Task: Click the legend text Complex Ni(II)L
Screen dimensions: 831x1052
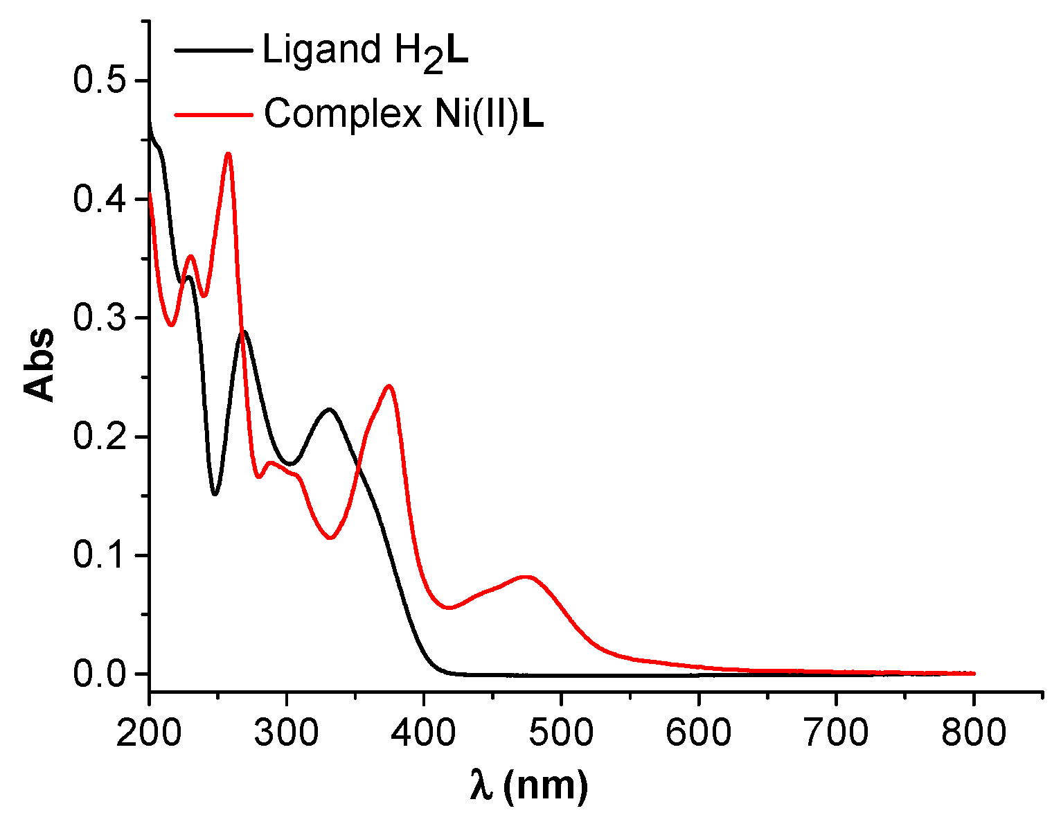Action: tap(403, 114)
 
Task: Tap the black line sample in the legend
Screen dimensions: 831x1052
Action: tap(213, 50)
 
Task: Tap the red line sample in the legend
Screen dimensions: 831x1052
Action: tap(213, 114)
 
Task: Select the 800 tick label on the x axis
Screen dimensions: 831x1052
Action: tap(973, 732)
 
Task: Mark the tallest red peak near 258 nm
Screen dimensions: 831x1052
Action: tap(228, 154)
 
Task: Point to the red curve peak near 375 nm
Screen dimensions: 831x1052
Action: tap(389, 386)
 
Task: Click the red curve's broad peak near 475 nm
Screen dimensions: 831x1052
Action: tap(527, 577)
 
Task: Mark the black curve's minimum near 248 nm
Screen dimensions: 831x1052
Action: tap(215, 494)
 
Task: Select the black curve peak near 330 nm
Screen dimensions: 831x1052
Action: tap(329, 409)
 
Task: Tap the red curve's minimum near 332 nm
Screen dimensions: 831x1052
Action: tap(331, 538)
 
